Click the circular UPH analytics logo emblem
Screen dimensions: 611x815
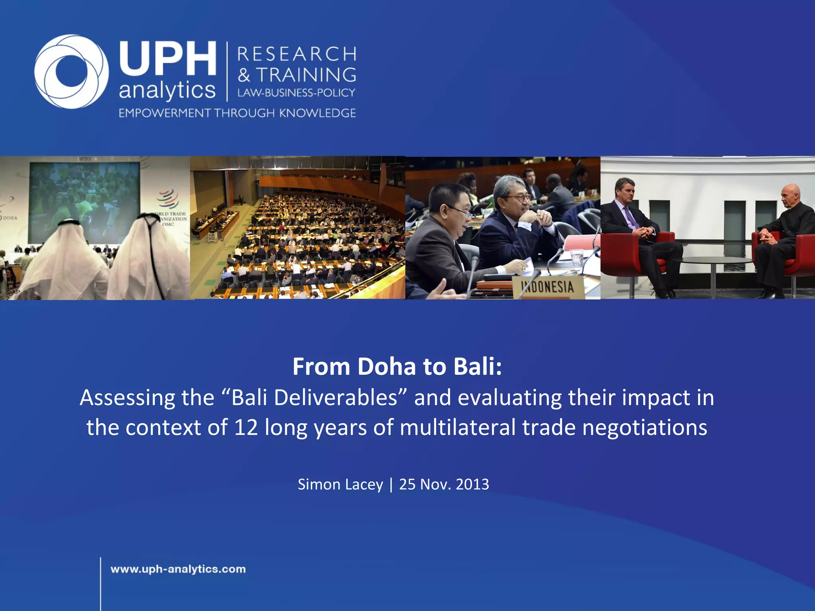[72, 72]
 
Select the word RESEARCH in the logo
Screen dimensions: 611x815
[297, 54]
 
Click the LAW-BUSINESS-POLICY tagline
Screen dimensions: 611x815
[296, 93]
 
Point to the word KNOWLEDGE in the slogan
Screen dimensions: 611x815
[317, 113]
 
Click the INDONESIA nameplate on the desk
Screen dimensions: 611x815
[548, 287]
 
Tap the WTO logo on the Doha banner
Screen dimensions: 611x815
[168, 199]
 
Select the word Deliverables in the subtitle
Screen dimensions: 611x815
[336, 397]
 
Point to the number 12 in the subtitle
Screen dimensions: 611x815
[246, 428]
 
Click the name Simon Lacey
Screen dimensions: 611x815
[340, 484]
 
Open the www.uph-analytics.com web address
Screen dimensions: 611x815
[178, 569]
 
